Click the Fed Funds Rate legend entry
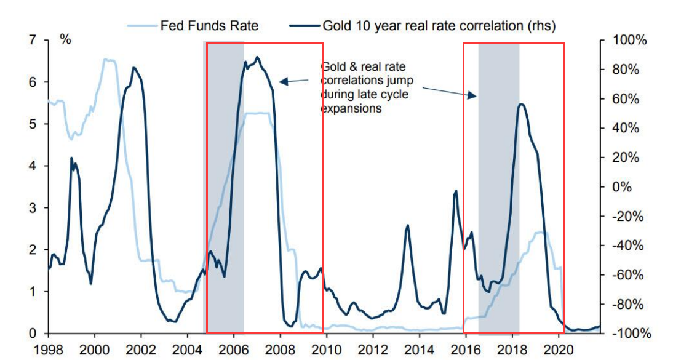click(x=209, y=26)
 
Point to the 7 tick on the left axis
click(x=33, y=41)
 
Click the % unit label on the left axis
click(x=65, y=39)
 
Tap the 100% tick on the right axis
click(x=631, y=41)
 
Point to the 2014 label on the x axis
click(x=420, y=348)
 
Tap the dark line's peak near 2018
click(x=521, y=105)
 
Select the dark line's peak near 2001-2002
click(x=133, y=68)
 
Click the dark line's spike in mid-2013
click(x=408, y=226)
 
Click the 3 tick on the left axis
click(x=33, y=208)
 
